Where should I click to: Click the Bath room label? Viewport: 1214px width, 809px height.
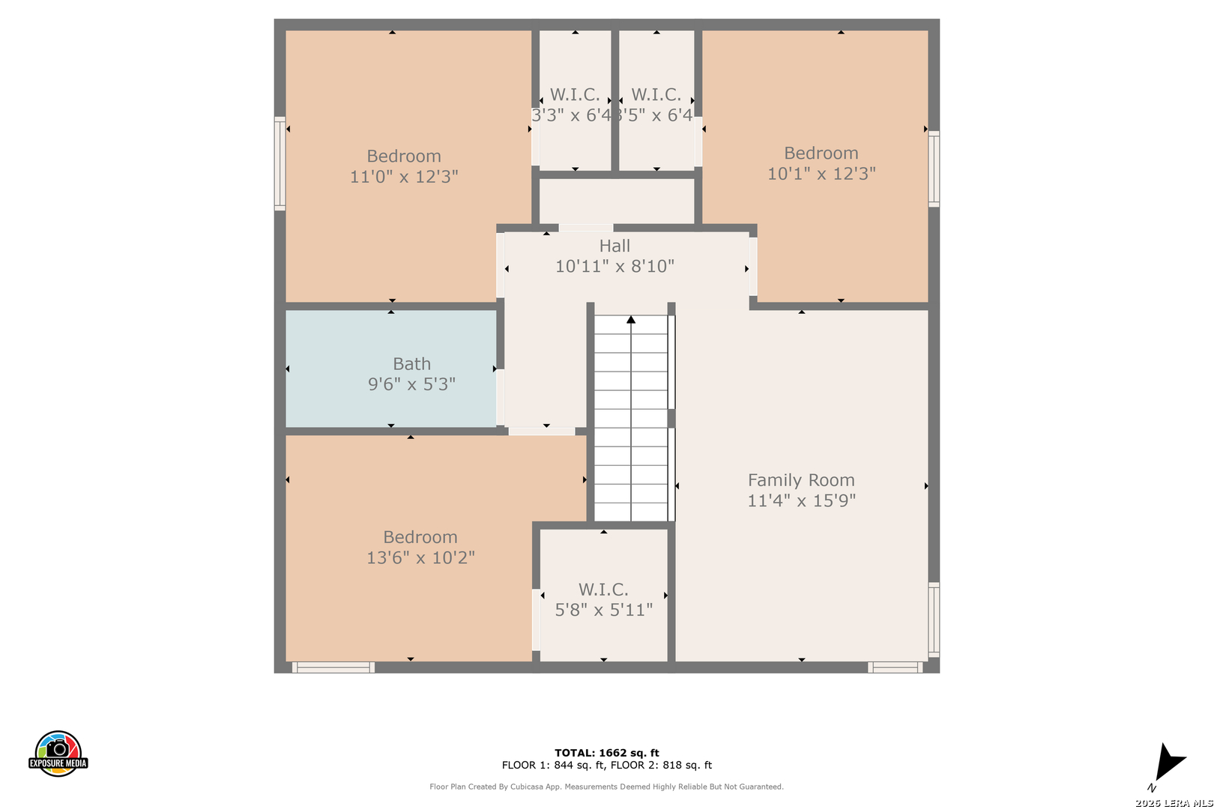(411, 363)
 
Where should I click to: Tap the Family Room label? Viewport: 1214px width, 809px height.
(801, 480)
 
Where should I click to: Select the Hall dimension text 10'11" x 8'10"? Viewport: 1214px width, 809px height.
(614, 266)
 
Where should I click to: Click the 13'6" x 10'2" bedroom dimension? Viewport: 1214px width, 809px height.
(420, 557)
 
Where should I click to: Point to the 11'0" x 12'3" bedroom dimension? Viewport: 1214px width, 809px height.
(404, 177)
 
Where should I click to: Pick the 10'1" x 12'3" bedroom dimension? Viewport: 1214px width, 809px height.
(821, 173)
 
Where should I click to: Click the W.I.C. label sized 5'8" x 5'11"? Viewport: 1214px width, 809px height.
(603, 590)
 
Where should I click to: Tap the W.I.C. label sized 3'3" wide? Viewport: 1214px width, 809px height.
(575, 95)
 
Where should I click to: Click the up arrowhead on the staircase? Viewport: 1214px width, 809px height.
(631, 320)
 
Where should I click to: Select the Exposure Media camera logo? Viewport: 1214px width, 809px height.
(58, 754)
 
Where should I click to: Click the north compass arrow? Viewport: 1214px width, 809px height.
(1169, 761)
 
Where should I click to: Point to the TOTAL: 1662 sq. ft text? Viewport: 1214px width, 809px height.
(606, 753)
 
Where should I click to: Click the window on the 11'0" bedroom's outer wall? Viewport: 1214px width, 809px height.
(280, 163)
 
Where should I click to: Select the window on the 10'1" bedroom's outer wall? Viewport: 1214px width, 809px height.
(934, 169)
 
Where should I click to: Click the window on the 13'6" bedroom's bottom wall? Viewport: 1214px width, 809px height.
(333, 667)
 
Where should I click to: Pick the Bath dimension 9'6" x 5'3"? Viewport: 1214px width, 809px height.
(411, 384)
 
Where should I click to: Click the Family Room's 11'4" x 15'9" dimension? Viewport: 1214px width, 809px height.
(802, 500)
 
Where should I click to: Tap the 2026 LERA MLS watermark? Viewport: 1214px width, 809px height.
(1174, 803)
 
